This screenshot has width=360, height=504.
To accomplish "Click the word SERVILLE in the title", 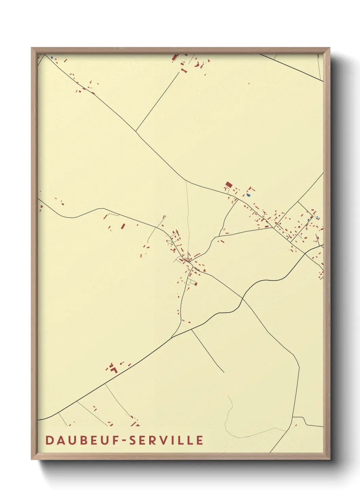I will (167, 440).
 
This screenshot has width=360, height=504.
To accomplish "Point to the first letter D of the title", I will (49, 440).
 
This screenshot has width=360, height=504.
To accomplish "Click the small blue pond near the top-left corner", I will (51, 58).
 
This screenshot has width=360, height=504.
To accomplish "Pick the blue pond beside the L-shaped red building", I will (248, 195).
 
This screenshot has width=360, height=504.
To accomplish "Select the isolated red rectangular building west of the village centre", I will (123, 226).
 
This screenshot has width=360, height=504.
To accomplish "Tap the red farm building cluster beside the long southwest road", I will (113, 368).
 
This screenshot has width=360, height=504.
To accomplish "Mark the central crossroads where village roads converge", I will (188, 261).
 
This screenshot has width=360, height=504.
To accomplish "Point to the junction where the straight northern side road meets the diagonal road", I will (136, 131).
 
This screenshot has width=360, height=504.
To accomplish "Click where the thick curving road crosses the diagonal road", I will (242, 298).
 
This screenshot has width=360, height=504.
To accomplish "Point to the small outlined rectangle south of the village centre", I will (193, 282).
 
